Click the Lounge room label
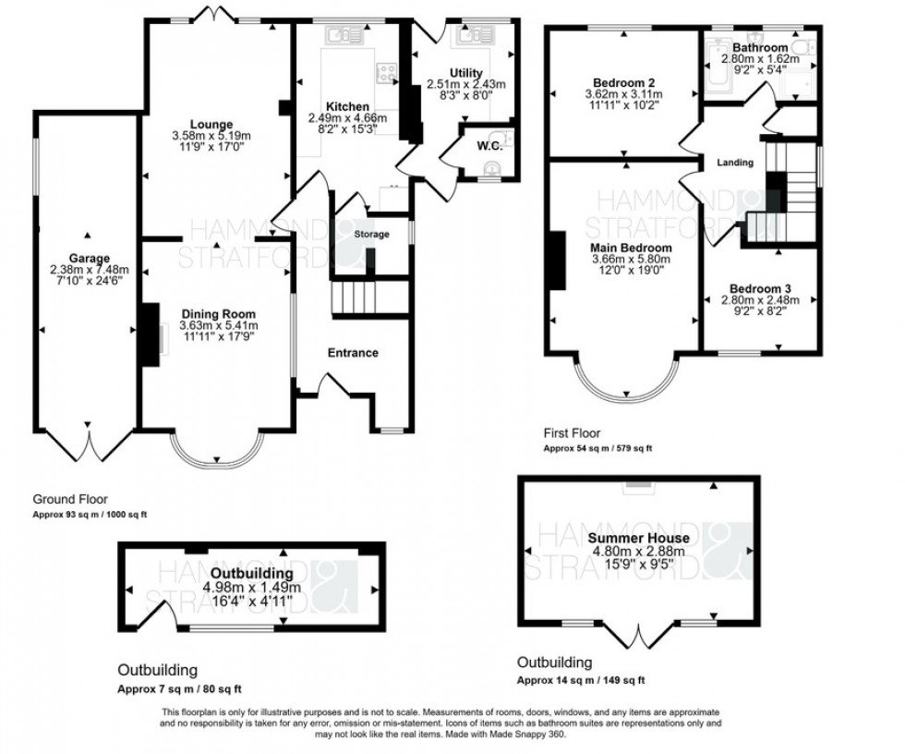click(212, 125)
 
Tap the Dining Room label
click(219, 314)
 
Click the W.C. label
click(489, 145)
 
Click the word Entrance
click(353, 352)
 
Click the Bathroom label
click(760, 47)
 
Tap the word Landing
click(734, 163)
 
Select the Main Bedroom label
click(632, 248)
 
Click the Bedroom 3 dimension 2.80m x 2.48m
click(760, 300)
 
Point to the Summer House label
click(638, 538)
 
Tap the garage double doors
click(90, 445)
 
